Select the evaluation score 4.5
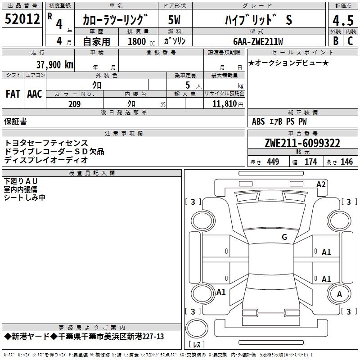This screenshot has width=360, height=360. point(342,20)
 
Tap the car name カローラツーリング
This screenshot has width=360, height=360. point(115,20)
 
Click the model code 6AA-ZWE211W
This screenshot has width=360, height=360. point(258,41)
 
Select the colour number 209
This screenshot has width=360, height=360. point(74,104)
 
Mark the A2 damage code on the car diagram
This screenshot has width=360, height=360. point(321,184)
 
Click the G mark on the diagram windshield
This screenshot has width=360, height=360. point(284,237)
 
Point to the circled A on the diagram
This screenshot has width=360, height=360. point(340,294)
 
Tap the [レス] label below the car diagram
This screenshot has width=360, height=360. point(196,345)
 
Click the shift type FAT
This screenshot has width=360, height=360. point(13,94)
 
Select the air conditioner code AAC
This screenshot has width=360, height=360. point(35,94)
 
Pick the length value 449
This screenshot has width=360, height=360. point(273,162)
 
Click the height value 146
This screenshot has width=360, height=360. point(346,162)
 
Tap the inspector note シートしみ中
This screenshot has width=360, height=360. point(25,198)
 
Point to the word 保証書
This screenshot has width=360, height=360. point(15,121)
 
